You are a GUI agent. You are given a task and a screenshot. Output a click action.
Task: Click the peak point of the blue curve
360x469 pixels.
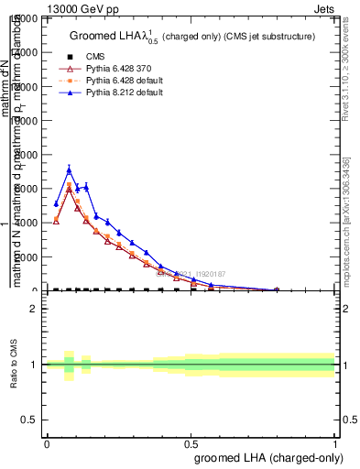click(69, 169)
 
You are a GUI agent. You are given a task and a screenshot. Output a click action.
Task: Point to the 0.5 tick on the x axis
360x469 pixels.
click(191, 443)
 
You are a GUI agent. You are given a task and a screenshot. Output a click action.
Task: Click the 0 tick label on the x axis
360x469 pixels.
click(47, 443)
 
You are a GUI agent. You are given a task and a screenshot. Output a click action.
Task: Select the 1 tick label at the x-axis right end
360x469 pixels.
click(335, 443)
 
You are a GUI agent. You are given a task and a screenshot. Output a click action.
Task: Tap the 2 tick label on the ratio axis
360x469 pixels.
click(34, 309)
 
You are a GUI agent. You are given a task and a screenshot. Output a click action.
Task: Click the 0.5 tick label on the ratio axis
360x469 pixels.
click(30, 420)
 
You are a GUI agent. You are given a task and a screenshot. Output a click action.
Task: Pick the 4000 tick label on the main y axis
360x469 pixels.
click(26, 223)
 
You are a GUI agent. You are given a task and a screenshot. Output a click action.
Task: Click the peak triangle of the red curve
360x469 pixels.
click(69, 189)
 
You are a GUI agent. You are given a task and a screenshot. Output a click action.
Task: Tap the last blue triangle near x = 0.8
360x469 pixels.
click(277, 289)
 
